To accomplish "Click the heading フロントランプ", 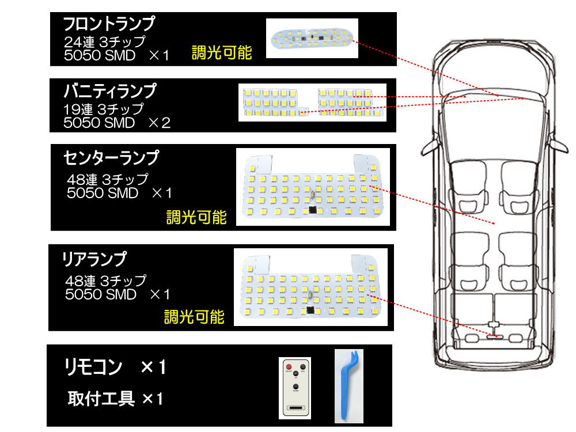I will [109, 24].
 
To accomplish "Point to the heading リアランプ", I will [93, 259].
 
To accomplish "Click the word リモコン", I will [93, 366].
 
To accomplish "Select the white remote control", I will [295, 388].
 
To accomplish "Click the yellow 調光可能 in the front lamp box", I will [222, 53].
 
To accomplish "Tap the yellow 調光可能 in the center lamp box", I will [196, 218].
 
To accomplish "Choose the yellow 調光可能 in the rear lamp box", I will [194, 316].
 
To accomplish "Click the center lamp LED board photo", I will [313, 188].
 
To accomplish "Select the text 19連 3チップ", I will [103, 108].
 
